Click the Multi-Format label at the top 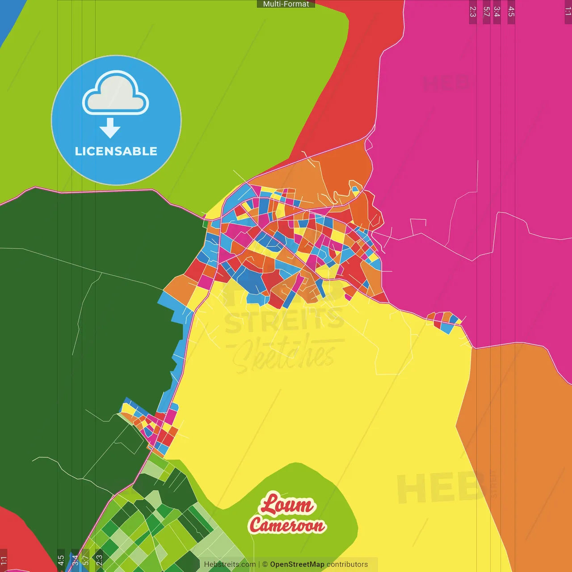286,4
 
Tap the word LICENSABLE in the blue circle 116,151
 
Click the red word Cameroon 287,525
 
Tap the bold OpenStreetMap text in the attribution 297,564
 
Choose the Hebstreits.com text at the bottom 230,564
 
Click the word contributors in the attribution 347,564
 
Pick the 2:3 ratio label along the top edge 473,12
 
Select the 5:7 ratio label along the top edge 487,12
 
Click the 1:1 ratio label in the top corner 568,12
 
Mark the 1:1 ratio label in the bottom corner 4,560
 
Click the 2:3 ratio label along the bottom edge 99,560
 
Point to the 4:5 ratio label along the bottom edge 61,560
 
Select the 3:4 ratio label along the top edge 497,12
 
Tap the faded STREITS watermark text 284,320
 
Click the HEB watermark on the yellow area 440,487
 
